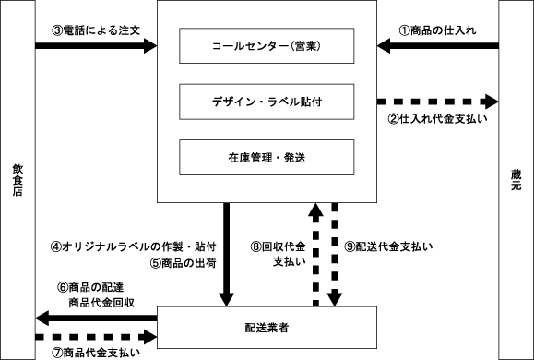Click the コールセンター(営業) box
267,45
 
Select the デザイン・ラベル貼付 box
267,102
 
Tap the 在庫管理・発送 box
267,158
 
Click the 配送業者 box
267,328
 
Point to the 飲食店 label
18,180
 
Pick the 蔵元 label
516,180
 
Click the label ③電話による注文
96,30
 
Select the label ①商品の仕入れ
437,30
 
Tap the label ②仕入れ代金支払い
437,119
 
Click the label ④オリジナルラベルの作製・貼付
133,246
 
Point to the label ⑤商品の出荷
183,263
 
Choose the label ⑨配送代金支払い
388,246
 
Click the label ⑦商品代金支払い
96,353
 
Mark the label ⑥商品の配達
90,287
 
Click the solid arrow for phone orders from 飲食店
96,45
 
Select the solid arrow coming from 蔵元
437,45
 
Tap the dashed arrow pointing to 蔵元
437,102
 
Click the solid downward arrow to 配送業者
227,255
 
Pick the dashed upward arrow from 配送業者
315,255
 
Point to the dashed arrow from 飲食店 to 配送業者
96,337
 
